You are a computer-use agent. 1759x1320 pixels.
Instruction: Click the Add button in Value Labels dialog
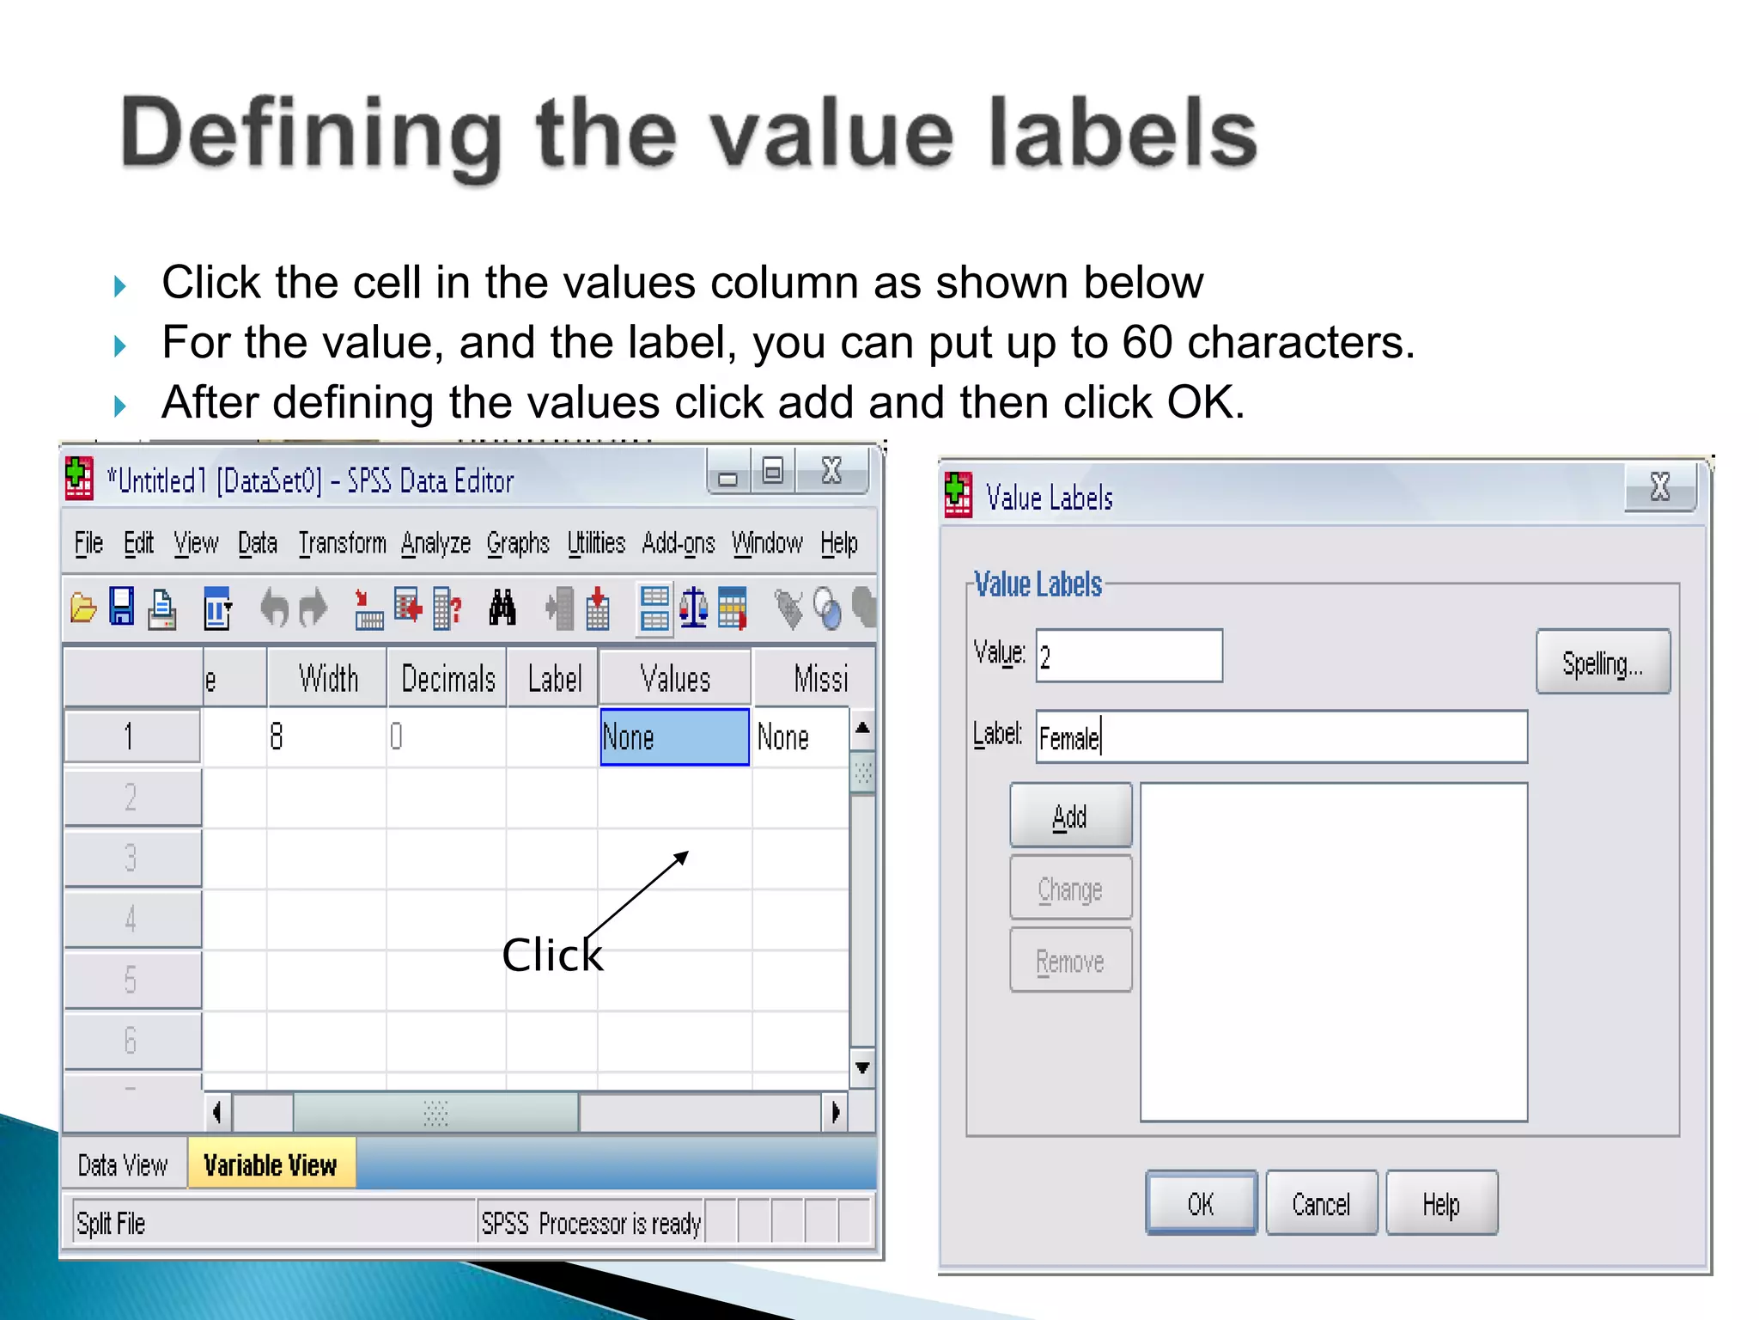(x=1070, y=816)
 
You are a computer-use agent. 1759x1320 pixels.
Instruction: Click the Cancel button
(x=1321, y=1204)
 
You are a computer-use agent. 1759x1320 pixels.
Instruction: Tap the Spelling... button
(x=1602, y=663)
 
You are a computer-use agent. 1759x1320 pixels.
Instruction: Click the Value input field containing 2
(x=1129, y=657)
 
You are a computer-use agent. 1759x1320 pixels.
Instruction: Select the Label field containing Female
(x=1281, y=737)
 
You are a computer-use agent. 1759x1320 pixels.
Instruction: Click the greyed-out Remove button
(x=1070, y=961)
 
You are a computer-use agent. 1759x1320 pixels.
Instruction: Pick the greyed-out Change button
(x=1070, y=889)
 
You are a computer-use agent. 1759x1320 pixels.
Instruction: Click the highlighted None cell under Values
(x=674, y=737)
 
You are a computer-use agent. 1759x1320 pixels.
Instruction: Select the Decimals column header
(x=447, y=679)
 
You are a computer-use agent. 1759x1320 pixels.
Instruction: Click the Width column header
(x=328, y=679)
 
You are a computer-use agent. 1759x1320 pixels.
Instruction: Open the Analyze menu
(x=435, y=544)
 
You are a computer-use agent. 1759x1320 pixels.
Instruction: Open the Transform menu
(x=342, y=544)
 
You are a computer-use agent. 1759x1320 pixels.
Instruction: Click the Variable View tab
(x=271, y=1165)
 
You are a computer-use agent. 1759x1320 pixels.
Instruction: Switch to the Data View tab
(x=123, y=1165)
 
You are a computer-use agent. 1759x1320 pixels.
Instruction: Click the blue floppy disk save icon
(x=122, y=608)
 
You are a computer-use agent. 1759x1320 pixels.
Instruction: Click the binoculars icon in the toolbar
(x=502, y=608)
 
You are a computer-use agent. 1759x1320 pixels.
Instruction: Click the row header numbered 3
(x=131, y=858)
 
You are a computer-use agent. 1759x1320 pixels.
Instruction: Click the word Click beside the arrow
(x=552, y=955)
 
